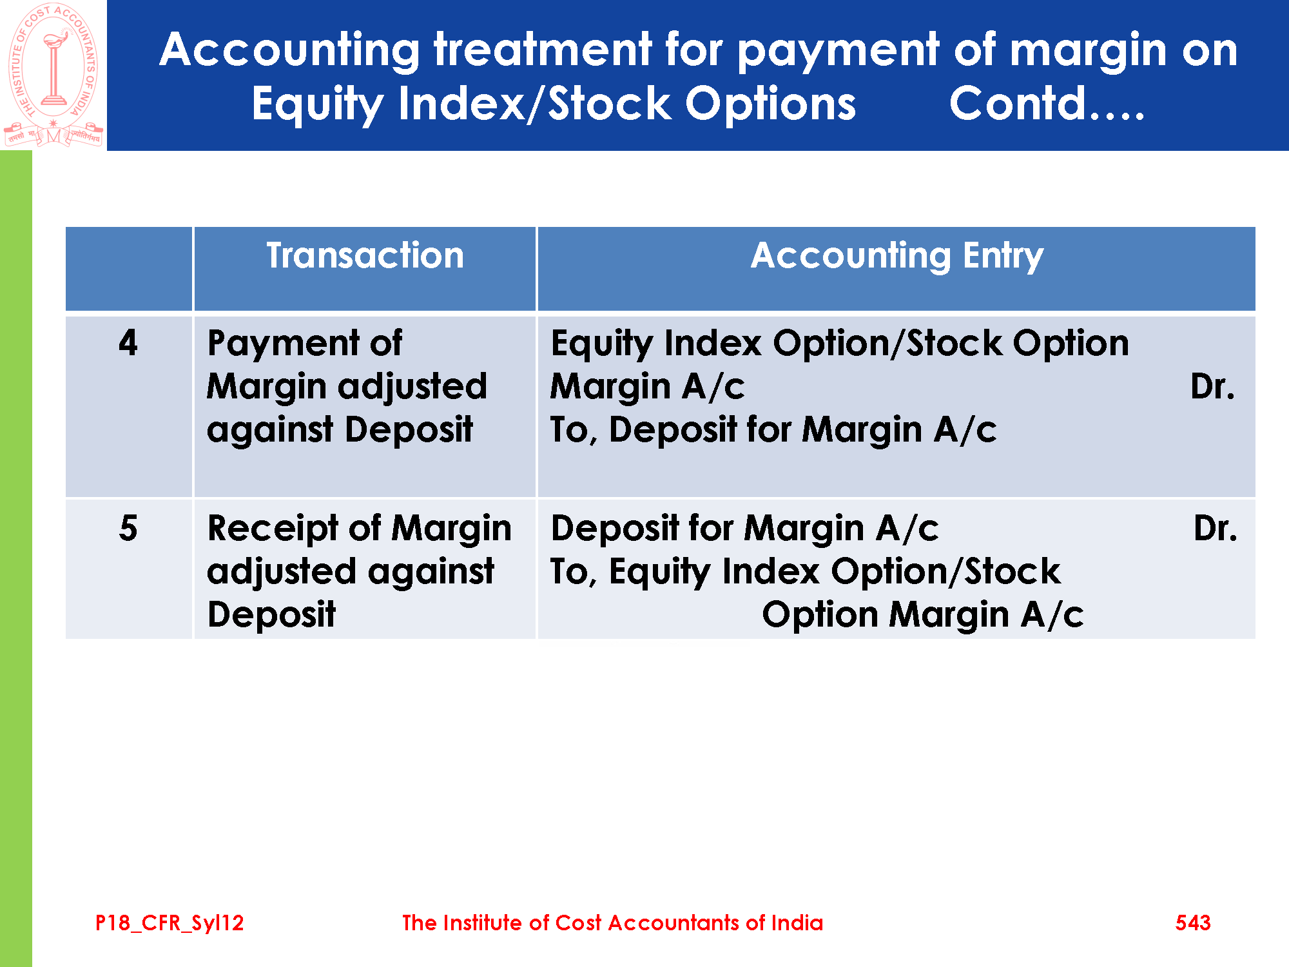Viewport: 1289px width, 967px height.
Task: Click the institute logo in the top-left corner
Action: pos(53,75)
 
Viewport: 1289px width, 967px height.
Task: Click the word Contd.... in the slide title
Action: pos(1047,103)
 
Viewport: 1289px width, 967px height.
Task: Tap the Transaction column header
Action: pos(365,255)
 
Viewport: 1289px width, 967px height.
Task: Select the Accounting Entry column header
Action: pos(896,256)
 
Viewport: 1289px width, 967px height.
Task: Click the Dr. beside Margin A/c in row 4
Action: pos(1212,387)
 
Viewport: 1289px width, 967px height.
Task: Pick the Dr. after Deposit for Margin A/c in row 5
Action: pos(1215,528)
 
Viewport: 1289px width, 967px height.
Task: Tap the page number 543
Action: pos(1193,923)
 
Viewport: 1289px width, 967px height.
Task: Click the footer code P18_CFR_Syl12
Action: pos(170,923)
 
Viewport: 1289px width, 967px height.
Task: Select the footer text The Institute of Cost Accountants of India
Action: pos(612,923)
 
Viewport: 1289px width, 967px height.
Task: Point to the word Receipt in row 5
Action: pos(273,529)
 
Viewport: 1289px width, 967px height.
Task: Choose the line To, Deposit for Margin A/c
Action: pos(773,430)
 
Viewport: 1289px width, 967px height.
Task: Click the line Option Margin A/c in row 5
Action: pos(923,614)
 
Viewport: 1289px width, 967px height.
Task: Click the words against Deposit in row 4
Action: pos(340,430)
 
